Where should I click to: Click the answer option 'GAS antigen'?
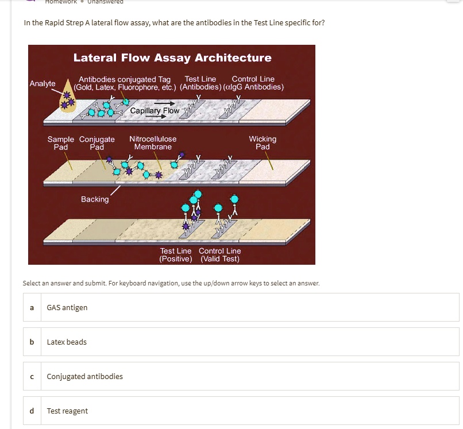[x=67, y=307]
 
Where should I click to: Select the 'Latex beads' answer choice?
[x=67, y=342]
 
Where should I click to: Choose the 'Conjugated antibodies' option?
[x=84, y=376]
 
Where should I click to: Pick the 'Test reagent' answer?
[x=67, y=411]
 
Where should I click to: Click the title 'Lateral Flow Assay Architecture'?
[x=172, y=57]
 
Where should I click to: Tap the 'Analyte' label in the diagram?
[x=43, y=83]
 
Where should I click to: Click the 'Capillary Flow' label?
[x=155, y=110]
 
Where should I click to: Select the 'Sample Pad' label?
[x=60, y=143]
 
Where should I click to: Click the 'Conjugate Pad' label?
[x=97, y=143]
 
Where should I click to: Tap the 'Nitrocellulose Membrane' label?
[x=153, y=143]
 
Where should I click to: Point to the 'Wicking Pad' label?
[x=263, y=143]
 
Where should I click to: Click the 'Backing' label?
[x=95, y=199]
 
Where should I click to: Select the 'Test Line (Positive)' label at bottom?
[x=176, y=255]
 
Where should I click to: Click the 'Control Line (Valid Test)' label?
[x=220, y=255]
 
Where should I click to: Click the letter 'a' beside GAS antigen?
[x=32, y=307]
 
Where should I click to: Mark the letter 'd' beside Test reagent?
[x=32, y=411]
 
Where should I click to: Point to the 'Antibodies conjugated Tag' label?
[x=125, y=79]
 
